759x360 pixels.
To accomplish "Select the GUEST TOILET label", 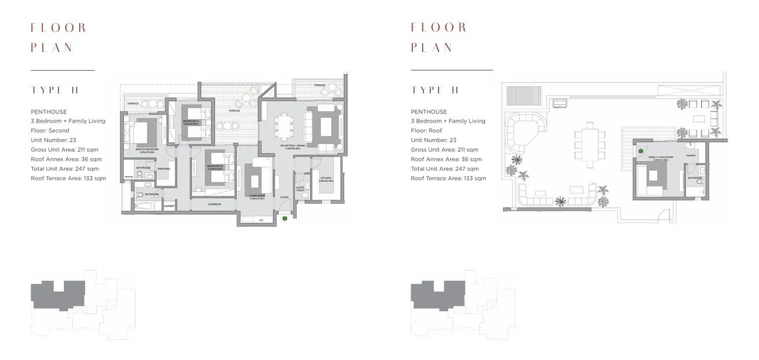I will click(x=300, y=189).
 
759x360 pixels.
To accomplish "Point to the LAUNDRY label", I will click(x=169, y=205).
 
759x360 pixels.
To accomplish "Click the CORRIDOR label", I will click(x=214, y=204).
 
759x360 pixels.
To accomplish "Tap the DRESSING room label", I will click(x=164, y=169).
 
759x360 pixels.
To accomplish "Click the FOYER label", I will click(x=284, y=197).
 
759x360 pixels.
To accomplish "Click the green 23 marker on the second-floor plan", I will click(x=285, y=219).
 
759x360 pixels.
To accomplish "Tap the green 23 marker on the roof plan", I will click(x=641, y=151).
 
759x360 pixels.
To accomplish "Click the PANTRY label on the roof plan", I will click(x=691, y=155).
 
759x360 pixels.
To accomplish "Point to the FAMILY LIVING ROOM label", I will click(x=661, y=157).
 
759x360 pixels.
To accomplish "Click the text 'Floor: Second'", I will click(x=50, y=131).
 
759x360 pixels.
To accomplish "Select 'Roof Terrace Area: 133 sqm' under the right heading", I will click(x=448, y=178).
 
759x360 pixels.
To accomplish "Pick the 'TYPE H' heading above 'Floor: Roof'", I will click(x=434, y=90).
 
